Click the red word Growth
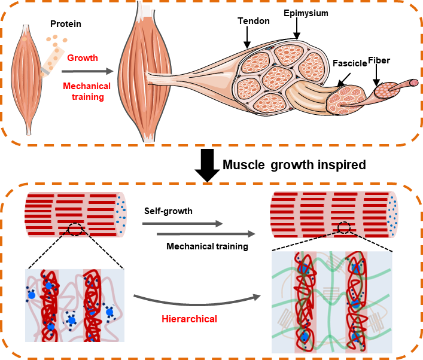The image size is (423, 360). [83, 58]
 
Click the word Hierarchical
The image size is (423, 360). [189, 319]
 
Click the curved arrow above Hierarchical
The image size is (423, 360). [197, 298]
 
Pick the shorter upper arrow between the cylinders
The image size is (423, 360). [182, 224]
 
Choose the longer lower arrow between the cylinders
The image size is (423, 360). [206, 234]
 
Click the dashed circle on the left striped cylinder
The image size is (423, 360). [75, 229]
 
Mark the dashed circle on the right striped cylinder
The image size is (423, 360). [343, 227]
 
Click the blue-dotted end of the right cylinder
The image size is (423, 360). [392, 214]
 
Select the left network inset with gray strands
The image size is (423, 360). [74, 305]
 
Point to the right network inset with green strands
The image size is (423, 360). [332, 302]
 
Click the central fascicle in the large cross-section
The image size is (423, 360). [276, 78]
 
